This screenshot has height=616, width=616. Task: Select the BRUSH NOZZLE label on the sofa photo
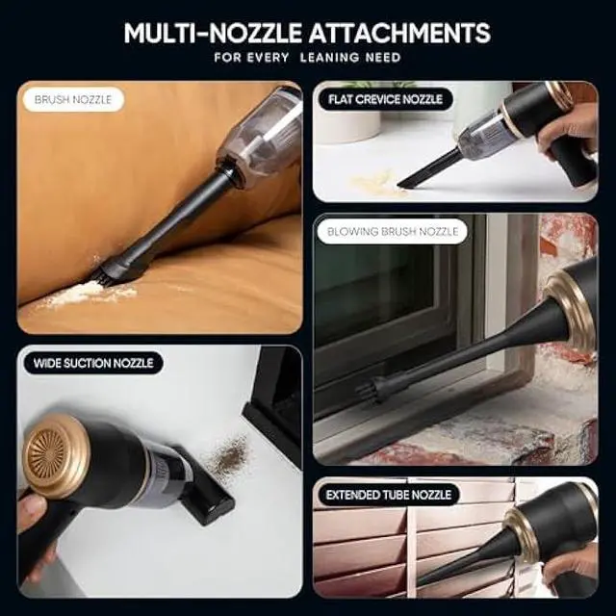72,99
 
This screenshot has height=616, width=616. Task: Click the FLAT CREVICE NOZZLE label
387,98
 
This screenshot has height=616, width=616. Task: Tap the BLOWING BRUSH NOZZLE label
394,232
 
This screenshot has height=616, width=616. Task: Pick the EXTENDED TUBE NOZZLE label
388,495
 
